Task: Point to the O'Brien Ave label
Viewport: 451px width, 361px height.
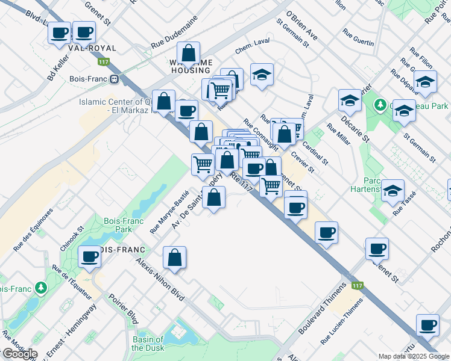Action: click(x=301, y=23)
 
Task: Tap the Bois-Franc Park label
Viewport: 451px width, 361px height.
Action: click(x=118, y=225)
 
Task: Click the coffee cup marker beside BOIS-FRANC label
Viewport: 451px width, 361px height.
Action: click(x=90, y=258)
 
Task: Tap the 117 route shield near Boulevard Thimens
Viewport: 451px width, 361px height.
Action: click(x=358, y=285)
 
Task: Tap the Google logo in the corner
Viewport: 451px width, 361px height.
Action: click(x=19, y=353)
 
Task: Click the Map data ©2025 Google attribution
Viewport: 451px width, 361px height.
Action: click(x=414, y=356)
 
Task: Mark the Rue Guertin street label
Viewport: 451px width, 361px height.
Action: click(x=358, y=37)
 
